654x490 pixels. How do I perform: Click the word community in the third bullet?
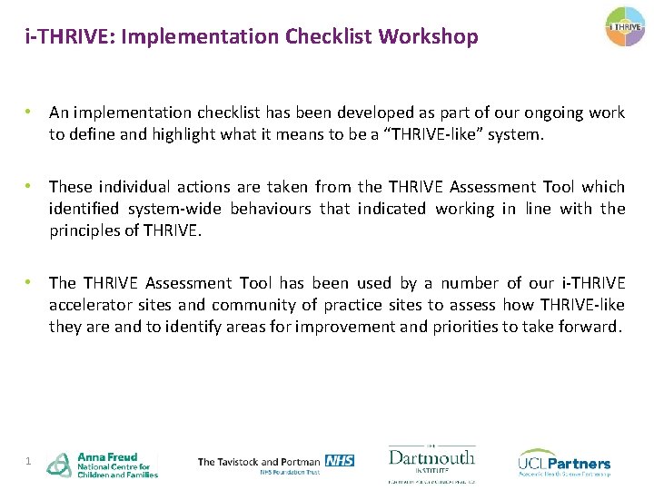[243, 305]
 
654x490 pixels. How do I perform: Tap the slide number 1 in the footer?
[29, 462]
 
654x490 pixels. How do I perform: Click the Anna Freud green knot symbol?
[59, 465]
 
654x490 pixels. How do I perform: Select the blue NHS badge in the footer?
[339, 460]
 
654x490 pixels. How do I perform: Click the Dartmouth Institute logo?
[431, 463]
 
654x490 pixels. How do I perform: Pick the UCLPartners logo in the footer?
[564, 462]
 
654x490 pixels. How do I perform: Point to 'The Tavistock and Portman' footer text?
[259, 461]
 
